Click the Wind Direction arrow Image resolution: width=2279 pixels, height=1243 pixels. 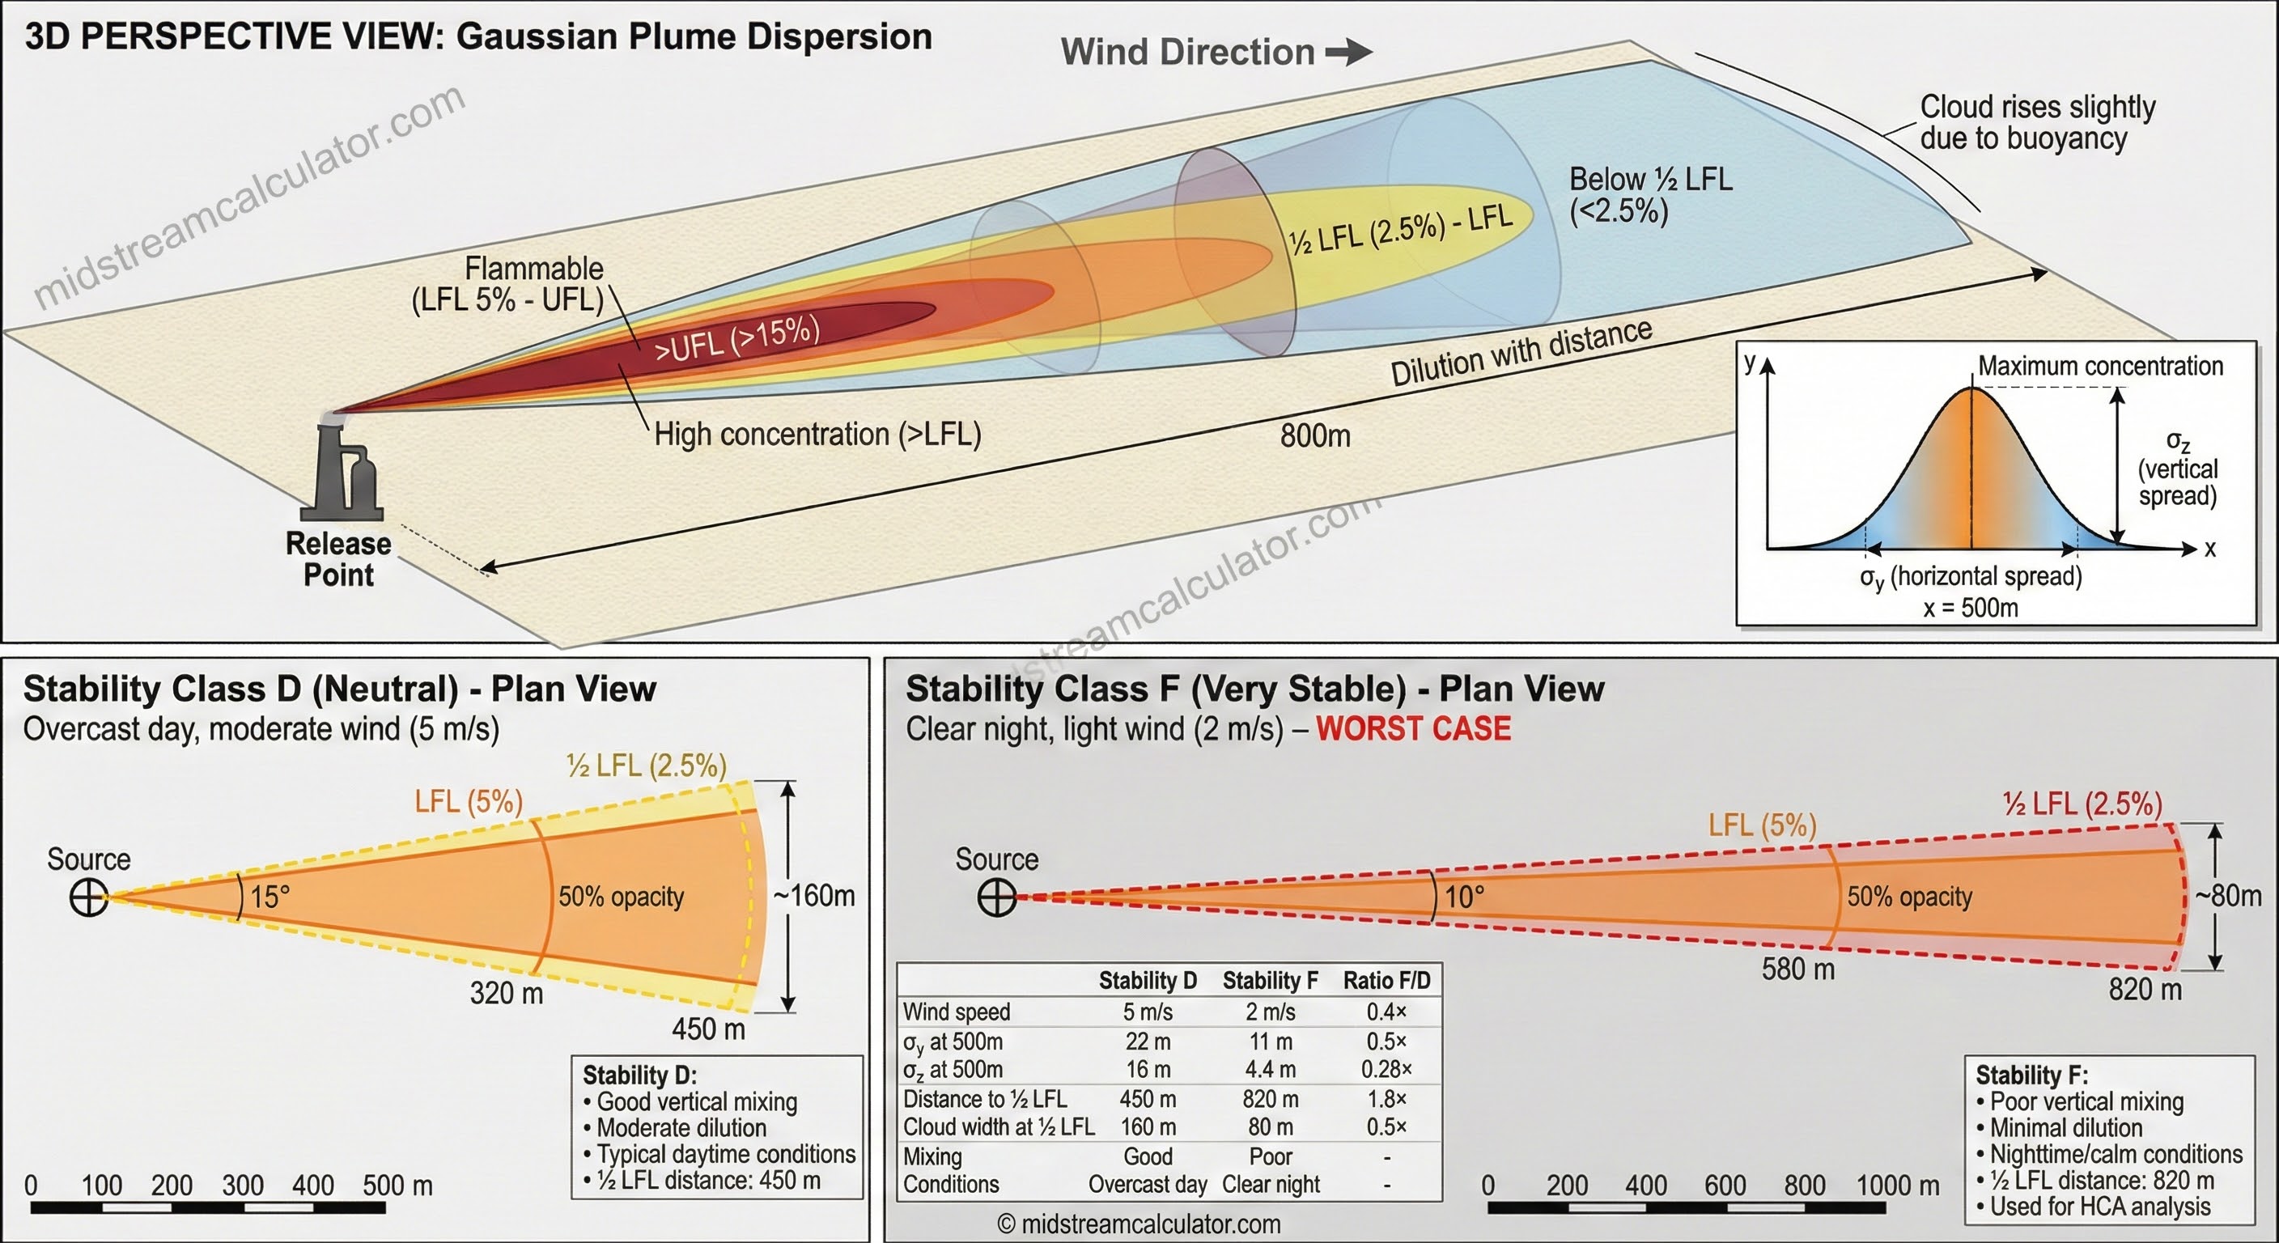1348,53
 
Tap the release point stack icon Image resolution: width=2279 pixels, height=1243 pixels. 342,469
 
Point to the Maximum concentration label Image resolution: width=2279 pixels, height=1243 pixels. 2100,367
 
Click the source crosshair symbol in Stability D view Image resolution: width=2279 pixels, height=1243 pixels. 88,898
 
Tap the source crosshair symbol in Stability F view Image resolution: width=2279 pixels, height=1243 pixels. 996,897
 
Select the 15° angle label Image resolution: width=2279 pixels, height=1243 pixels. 269,897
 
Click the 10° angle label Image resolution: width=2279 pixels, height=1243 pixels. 1464,897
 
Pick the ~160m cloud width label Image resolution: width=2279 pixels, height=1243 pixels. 814,896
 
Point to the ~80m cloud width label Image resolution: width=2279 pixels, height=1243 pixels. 2228,896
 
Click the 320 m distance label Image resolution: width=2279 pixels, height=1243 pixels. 506,994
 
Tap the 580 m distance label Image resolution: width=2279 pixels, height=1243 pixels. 1797,969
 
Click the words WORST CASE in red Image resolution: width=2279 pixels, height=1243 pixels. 1413,729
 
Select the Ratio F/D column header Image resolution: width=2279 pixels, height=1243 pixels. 1386,980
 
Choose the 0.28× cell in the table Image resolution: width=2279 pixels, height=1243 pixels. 1386,1070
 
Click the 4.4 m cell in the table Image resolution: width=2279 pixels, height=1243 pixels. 1271,1070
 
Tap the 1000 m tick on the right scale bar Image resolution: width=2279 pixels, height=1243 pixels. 1897,1186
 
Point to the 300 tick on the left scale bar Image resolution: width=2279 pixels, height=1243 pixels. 243,1186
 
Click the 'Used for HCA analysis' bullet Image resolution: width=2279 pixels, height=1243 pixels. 2099,1207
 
